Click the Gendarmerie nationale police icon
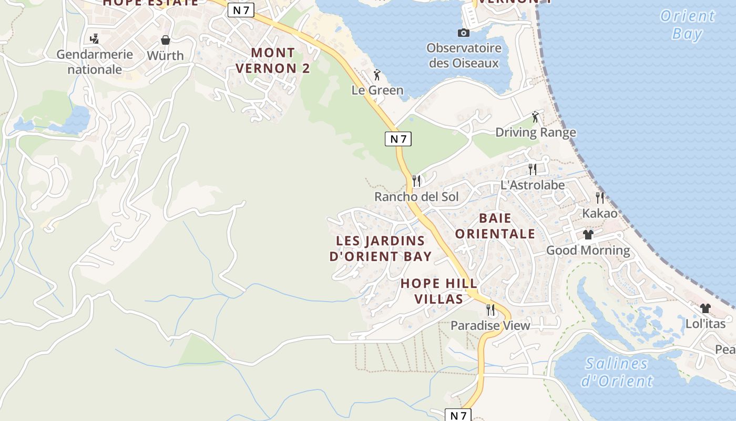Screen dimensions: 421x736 [x=95, y=38]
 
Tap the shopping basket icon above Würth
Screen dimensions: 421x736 [x=166, y=40]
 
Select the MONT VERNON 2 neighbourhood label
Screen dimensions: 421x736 [x=272, y=61]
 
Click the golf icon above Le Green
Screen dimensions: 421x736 [x=377, y=74]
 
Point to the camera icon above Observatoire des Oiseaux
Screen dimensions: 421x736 [x=463, y=33]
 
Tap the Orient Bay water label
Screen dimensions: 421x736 [x=687, y=25]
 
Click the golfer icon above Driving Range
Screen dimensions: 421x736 [x=535, y=117]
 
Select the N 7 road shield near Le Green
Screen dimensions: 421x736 [x=398, y=139]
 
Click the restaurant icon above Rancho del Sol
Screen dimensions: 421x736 [x=416, y=181]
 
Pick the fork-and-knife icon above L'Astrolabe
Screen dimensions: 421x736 [x=533, y=169]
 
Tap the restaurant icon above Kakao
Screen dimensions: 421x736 [x=599, y=198]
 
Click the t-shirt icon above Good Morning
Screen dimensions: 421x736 [x=588, y=234]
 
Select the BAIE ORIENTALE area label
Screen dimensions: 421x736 [x=495, y=226]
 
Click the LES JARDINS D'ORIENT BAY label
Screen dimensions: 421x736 [x=381, y=249]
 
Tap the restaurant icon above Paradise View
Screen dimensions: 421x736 [x=490, y=309]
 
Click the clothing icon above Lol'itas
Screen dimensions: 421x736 [x=705, y=308]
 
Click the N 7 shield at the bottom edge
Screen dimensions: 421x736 [x=458, y=415]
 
